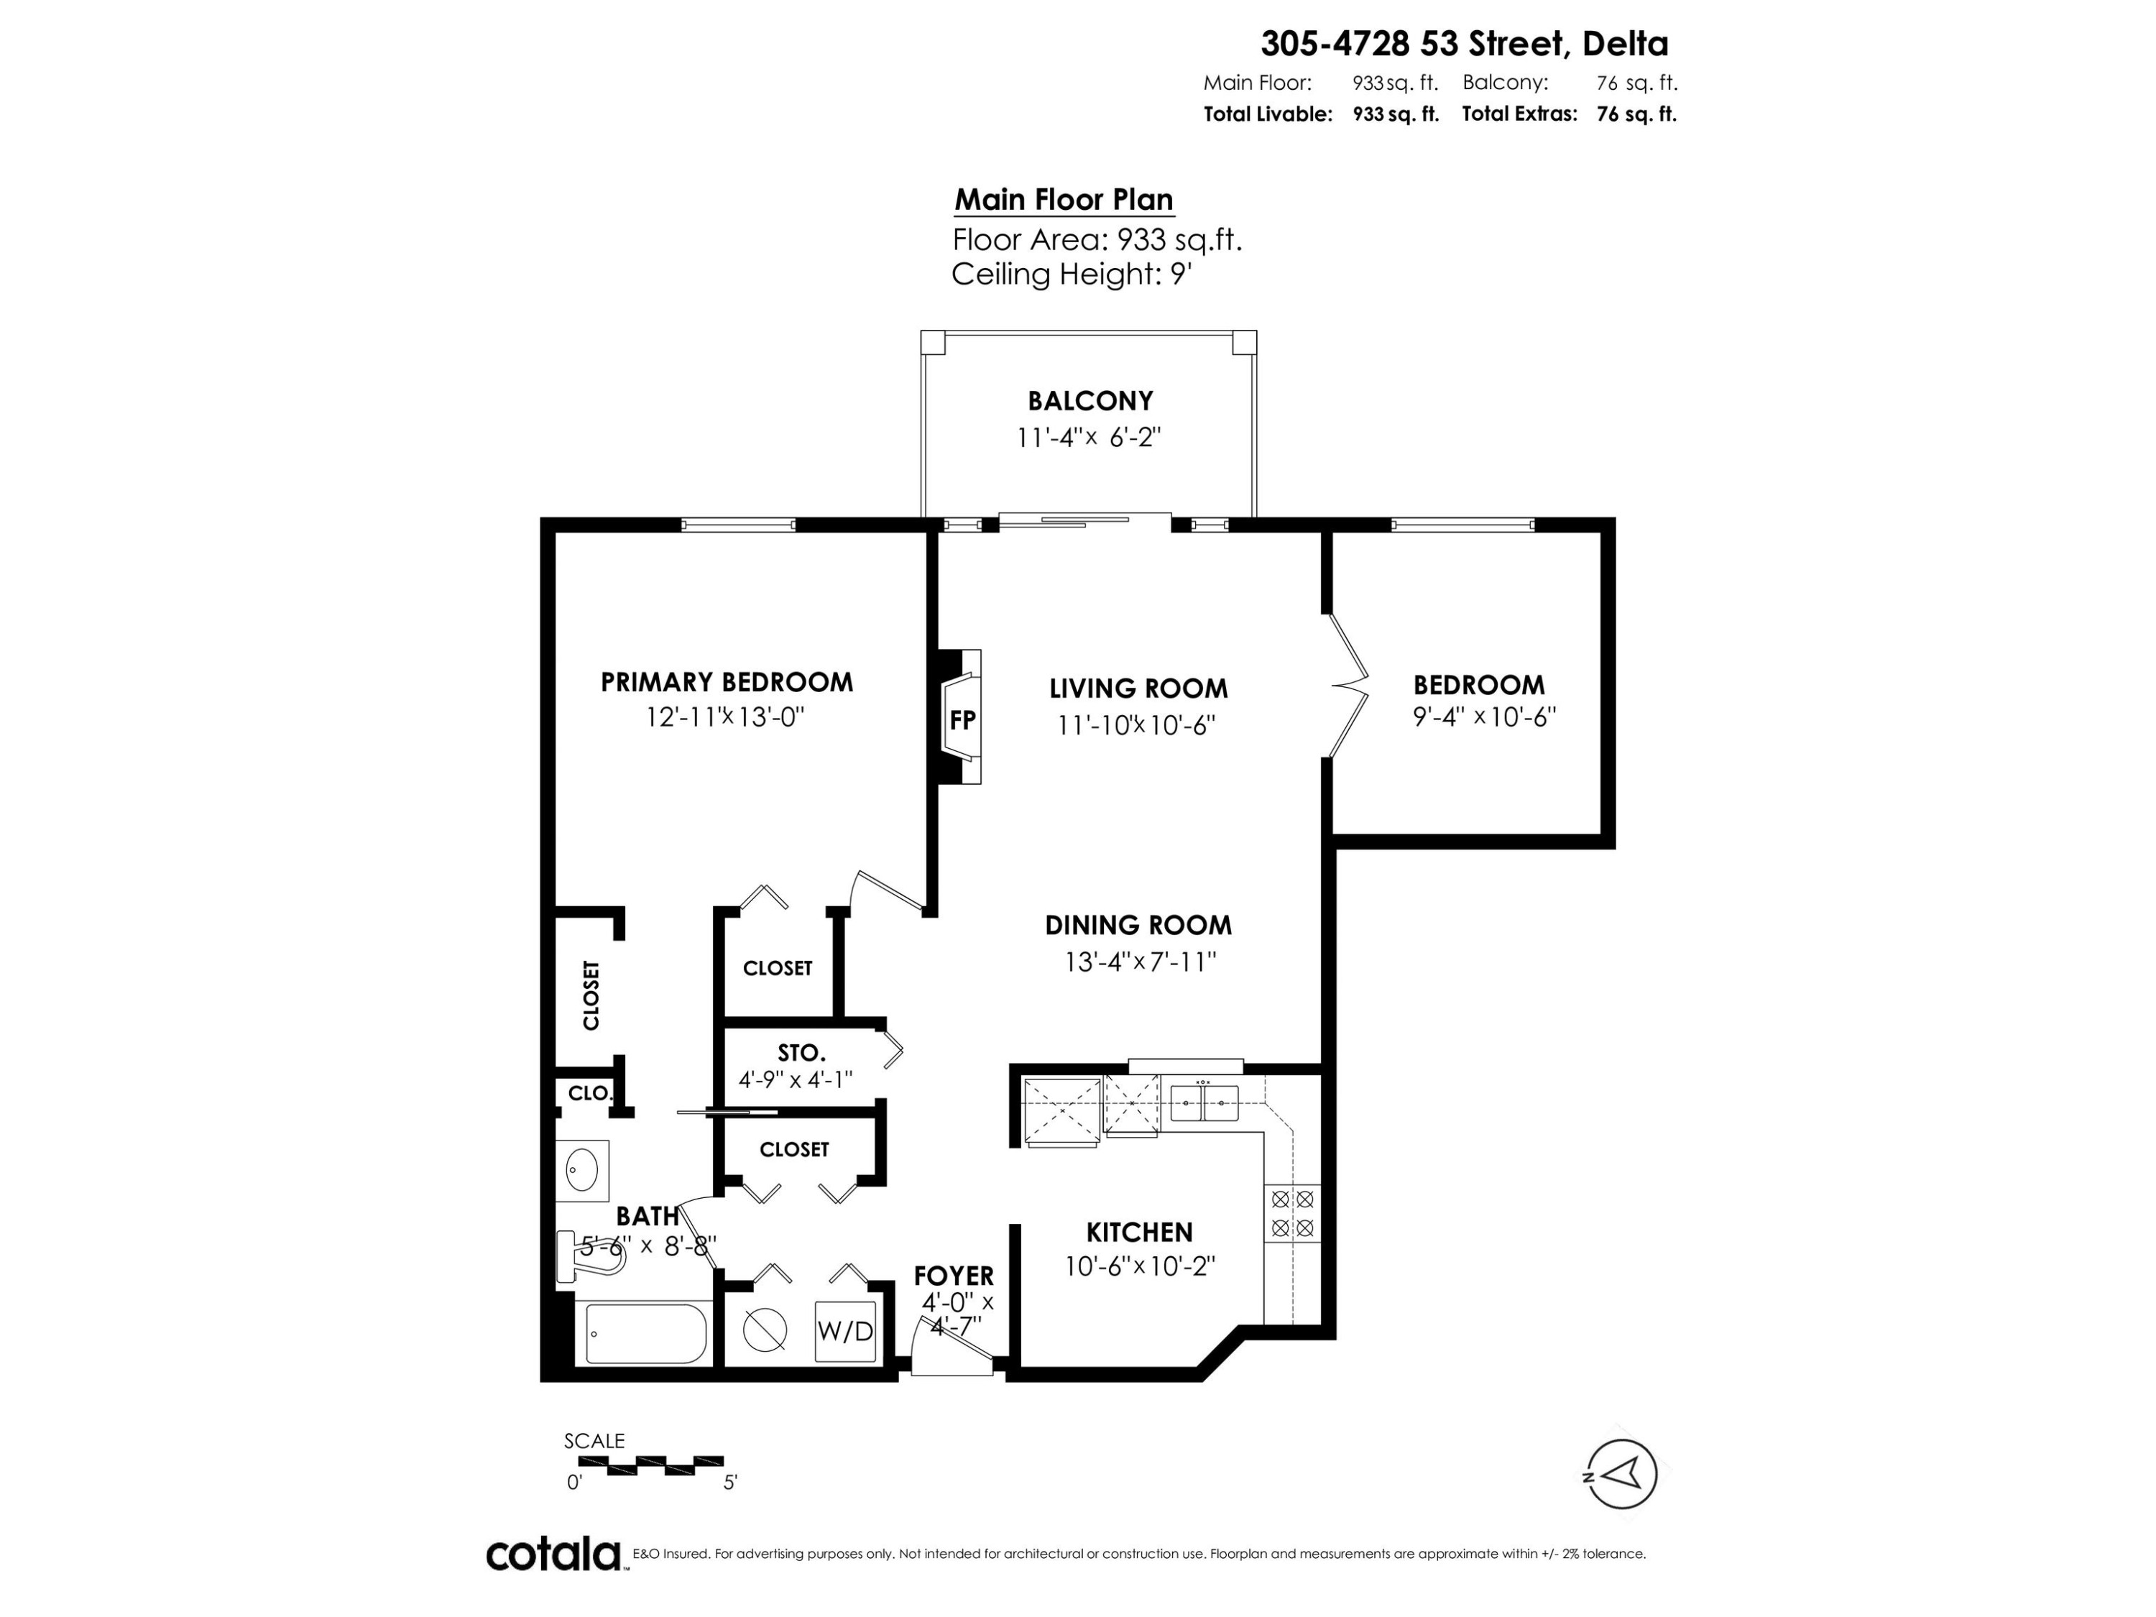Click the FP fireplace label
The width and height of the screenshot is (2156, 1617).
coord(962,720)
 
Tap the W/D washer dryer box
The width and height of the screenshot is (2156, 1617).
coord(845,1330)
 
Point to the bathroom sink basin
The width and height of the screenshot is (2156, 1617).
coord(583,1166)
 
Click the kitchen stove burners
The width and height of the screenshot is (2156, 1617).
coord(1292,1214)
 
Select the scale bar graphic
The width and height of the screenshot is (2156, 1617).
coord(650,1464)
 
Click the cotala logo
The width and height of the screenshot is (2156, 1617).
coord(553,1554)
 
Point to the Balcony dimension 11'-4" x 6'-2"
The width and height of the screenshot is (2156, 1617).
coord(1089,438)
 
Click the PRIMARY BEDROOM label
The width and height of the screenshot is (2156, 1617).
coord(726,682)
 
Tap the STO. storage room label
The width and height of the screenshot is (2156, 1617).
coord(801,1054)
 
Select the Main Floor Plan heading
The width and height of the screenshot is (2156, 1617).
coord(1064,200)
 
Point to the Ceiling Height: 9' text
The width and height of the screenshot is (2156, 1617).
coord(1072,275)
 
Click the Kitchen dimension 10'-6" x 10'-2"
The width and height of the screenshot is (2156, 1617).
coord(1139,1266)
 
